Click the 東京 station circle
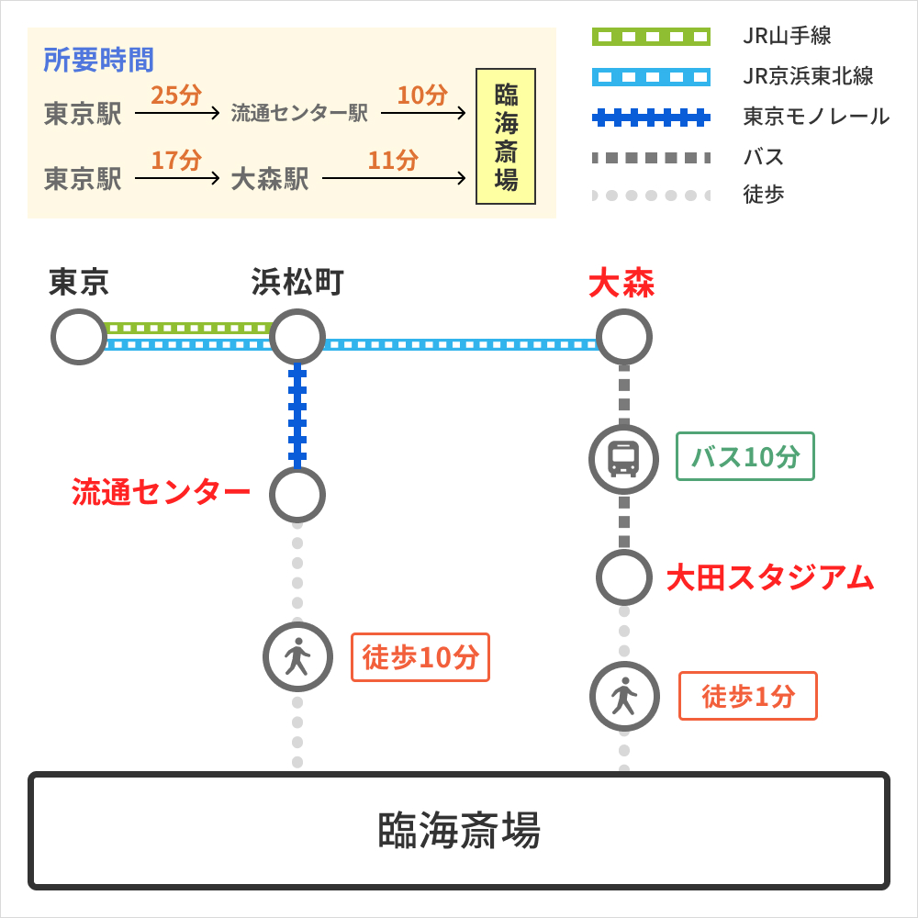click(x=79, y=337)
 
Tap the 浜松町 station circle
click(x=297, y=337)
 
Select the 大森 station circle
click(x=624, y=337)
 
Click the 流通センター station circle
click(x=297, y=495)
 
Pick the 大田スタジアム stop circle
click(x=624, y=577)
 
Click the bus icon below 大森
click(x=624, y=459)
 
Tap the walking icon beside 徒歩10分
click(x=297, y=657)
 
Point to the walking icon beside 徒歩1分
click(x=624, y=696)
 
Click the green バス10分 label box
click(x=745, y=456)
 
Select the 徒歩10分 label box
click(x=420, y=657)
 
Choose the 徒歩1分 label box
click(x=747, y=696)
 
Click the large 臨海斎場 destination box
click(x=459, y=831)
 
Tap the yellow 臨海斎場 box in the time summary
click(x=506, y=136)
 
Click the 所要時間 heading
click(x=99, y=60)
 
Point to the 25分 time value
click(x=176, y=95)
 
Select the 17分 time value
click(x=176, y=160)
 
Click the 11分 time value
click(x=393, y=160)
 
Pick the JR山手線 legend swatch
click(x=651, y=37)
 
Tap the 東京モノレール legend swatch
click(x=651, y=117)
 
